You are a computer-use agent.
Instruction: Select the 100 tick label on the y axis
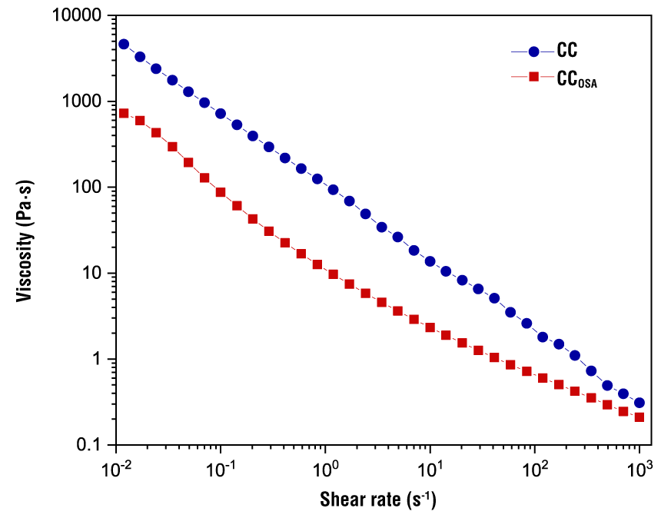pos(91,188)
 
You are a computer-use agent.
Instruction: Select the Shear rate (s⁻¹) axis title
pos(378,500)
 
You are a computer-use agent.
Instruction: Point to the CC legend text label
pos(567,52)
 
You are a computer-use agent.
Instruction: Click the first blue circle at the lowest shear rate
pos(124,45)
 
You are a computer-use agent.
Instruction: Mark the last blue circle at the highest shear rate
pos(639,403)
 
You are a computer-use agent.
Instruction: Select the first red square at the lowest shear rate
pos(124,113)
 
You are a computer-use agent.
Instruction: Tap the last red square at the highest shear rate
pos(639,417)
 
